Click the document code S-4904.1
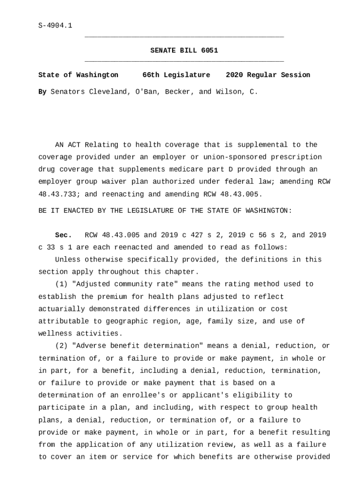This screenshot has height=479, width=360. point(55,26)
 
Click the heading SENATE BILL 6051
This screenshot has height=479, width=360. point(184,51)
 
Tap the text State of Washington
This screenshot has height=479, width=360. point(78,75)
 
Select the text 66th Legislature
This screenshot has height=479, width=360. point(176,75)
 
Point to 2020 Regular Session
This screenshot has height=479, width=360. point(267,75)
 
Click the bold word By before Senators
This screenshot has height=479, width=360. point(42,92)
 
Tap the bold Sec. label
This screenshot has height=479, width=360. point(63,235)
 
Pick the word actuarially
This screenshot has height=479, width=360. point(61,309)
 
